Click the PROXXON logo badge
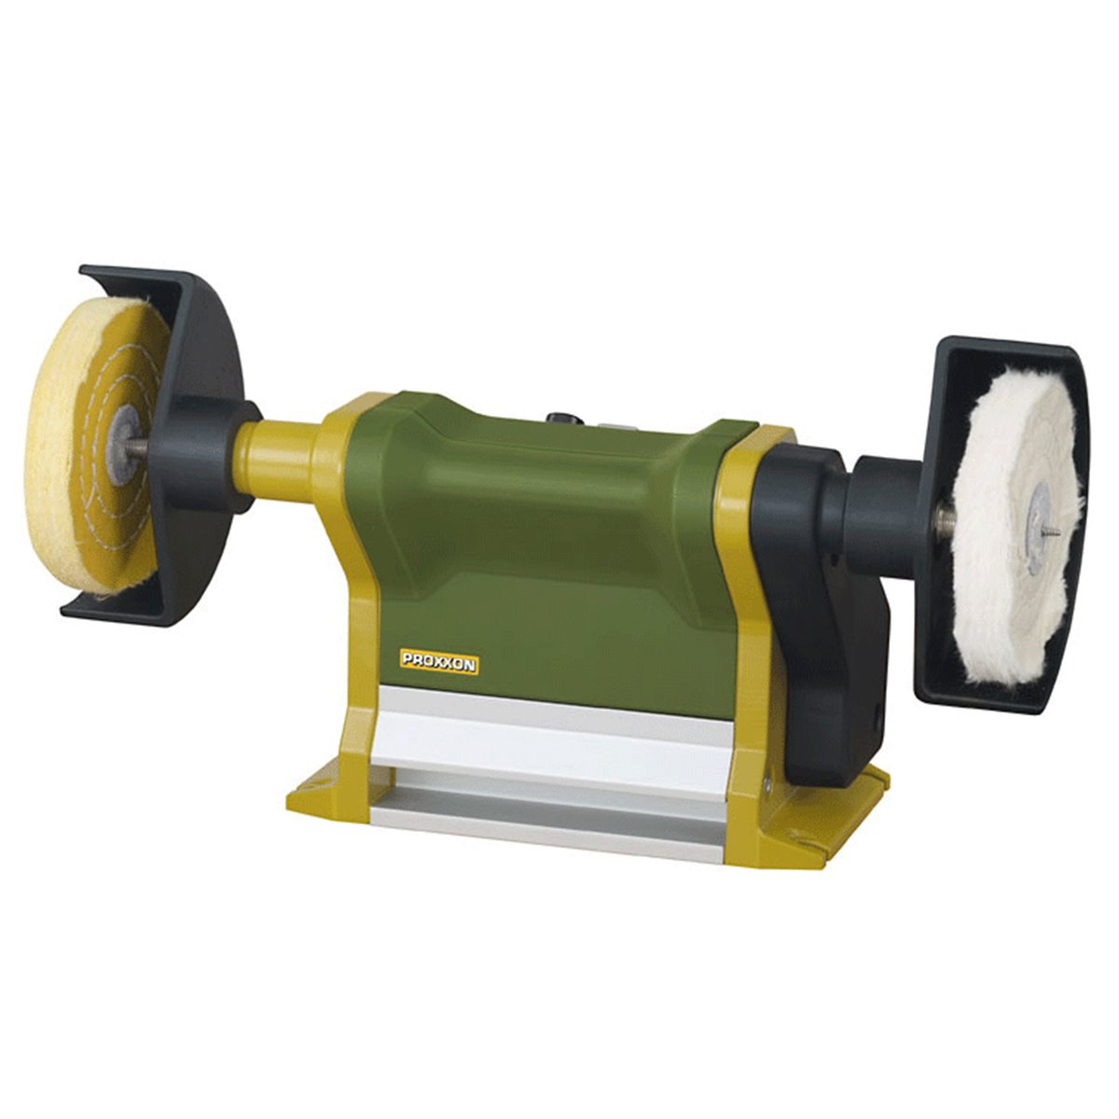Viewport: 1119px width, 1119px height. click(x=439, y=663)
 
